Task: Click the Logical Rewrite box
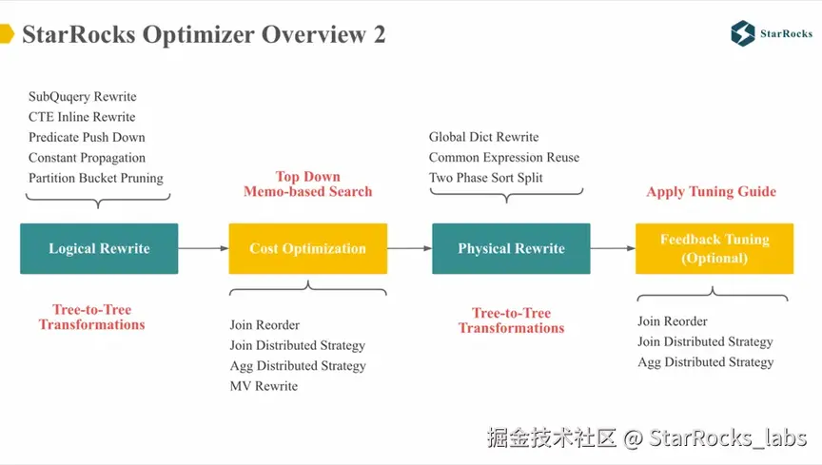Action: [99, 248]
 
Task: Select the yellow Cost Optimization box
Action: [307, 248]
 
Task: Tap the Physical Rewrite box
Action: [511, 248]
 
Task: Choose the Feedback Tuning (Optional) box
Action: [714, 248]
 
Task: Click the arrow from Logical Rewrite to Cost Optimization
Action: [203, 248]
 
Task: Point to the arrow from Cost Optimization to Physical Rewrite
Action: [409, 248]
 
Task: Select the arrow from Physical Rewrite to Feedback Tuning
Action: [613, 248]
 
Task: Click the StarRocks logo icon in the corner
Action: [743, 33]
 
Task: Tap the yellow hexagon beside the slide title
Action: [6, 34]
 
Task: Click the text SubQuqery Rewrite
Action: [83, 97]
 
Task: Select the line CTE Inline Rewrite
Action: [82, 117]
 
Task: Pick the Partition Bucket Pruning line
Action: [96, 178]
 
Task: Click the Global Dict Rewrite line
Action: [483, 137]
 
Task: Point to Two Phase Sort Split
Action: [486, 178]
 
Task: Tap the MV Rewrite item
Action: [264, 386]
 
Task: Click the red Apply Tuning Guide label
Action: [711, 191]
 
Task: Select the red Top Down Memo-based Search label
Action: [307, 184]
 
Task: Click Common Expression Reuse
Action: [503, 158]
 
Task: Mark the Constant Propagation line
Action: [87, 158]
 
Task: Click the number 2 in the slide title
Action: [380, 35]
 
